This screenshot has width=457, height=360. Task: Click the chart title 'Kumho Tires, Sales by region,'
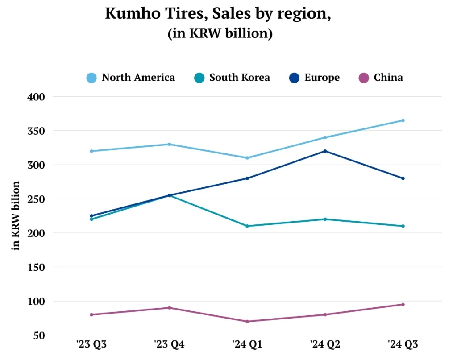[x=218, y=14]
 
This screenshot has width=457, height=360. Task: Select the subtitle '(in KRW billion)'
[x=220, y=34]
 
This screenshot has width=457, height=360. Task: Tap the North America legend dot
[x=91, y=78]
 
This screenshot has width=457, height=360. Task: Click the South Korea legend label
[x=240, y=78]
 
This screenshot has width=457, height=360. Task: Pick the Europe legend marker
[x=293, y=78]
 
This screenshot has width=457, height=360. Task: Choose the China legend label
[x=388, y=78]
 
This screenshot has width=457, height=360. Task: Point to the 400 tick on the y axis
[x=37, y=97]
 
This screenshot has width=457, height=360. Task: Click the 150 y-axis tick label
[x=37, y=267]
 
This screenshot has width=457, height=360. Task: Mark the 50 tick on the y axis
[x=40, y=335]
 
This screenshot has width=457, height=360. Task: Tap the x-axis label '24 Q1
[x=247, y=344]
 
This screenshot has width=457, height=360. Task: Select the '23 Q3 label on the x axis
[x=91, y=344]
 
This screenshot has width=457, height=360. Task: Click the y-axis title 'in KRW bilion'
[x=17, y=215]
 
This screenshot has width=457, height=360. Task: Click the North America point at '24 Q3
[x=403, y=120]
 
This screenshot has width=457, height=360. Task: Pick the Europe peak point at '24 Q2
[x=325, y=151]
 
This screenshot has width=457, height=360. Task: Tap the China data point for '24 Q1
[x=247, y=322]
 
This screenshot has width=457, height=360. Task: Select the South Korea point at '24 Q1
[x=247, y=226]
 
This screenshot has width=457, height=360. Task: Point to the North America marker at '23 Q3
[x=91, y=151]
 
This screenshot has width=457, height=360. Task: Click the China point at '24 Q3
[x=403, y=305]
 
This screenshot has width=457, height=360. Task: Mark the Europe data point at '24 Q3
[x=403, y=178]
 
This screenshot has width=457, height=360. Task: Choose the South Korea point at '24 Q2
[x=325, y=219]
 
